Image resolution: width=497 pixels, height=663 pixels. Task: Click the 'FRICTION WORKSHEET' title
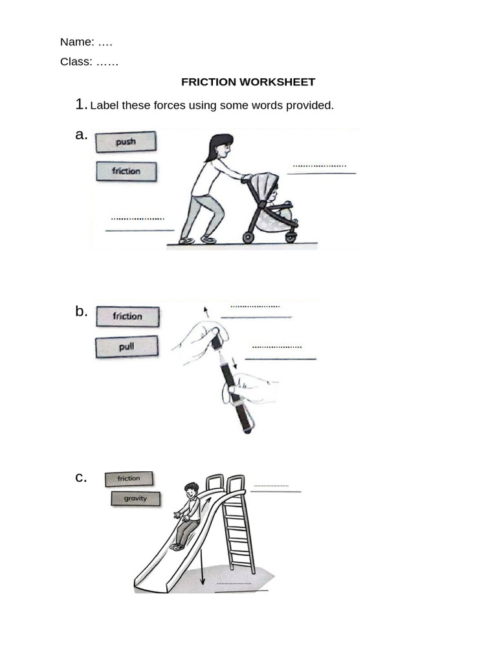248,82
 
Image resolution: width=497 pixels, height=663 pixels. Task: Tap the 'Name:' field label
77,42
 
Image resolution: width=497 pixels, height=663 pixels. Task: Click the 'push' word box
126,142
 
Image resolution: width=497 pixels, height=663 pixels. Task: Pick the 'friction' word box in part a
126,172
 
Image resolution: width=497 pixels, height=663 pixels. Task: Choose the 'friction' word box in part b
127,317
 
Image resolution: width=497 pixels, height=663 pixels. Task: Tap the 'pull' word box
127,347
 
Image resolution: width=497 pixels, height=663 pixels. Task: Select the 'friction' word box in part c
129,478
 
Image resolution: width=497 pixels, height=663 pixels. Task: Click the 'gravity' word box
135,499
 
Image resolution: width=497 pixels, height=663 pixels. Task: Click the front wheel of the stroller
291,238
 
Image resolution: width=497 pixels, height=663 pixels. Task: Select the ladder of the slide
237,528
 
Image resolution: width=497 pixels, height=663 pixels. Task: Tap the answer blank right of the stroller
321,170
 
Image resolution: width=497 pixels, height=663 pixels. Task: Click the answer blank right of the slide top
274,488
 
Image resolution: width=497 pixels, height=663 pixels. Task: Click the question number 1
80,104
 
